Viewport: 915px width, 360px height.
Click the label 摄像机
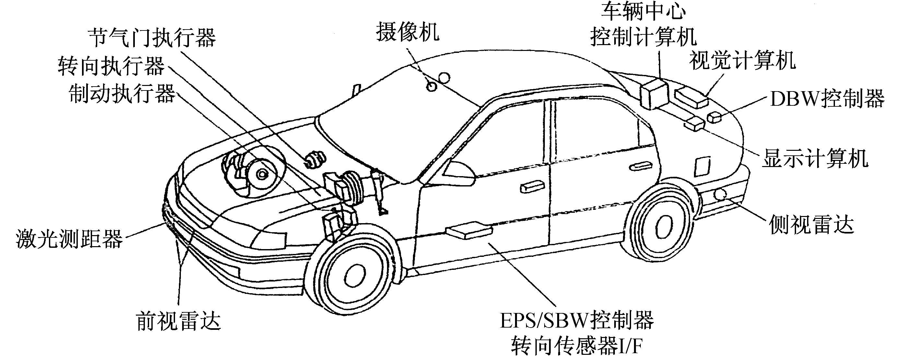pyautogui.click(x=407, y=32)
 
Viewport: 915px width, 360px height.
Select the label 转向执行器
pyautogui.click(x=111, y=66)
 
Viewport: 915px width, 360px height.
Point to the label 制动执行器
pyautogui.click(x=122, y=93)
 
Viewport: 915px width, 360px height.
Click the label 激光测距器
pyautogui.click(x=69, y=238)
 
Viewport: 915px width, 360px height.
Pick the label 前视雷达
pyautogui.click(x=178, y=321)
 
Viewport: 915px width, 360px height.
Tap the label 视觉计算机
pyautogui.click(x=742, y=61)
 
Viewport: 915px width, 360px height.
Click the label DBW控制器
pyautogui.click(x=827, y=99)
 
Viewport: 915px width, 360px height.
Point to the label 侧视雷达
pyautogui.click(x=812, y=225)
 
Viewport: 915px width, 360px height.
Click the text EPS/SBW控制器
pyautogui.click(x=577, y=320)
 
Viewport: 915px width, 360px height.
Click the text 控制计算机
pyautogui.click(x=643, y=37)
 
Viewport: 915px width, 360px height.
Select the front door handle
pyautogui.click(x=532, y=186)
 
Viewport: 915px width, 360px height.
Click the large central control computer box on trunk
pyautogui.click(x=653, y=94)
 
